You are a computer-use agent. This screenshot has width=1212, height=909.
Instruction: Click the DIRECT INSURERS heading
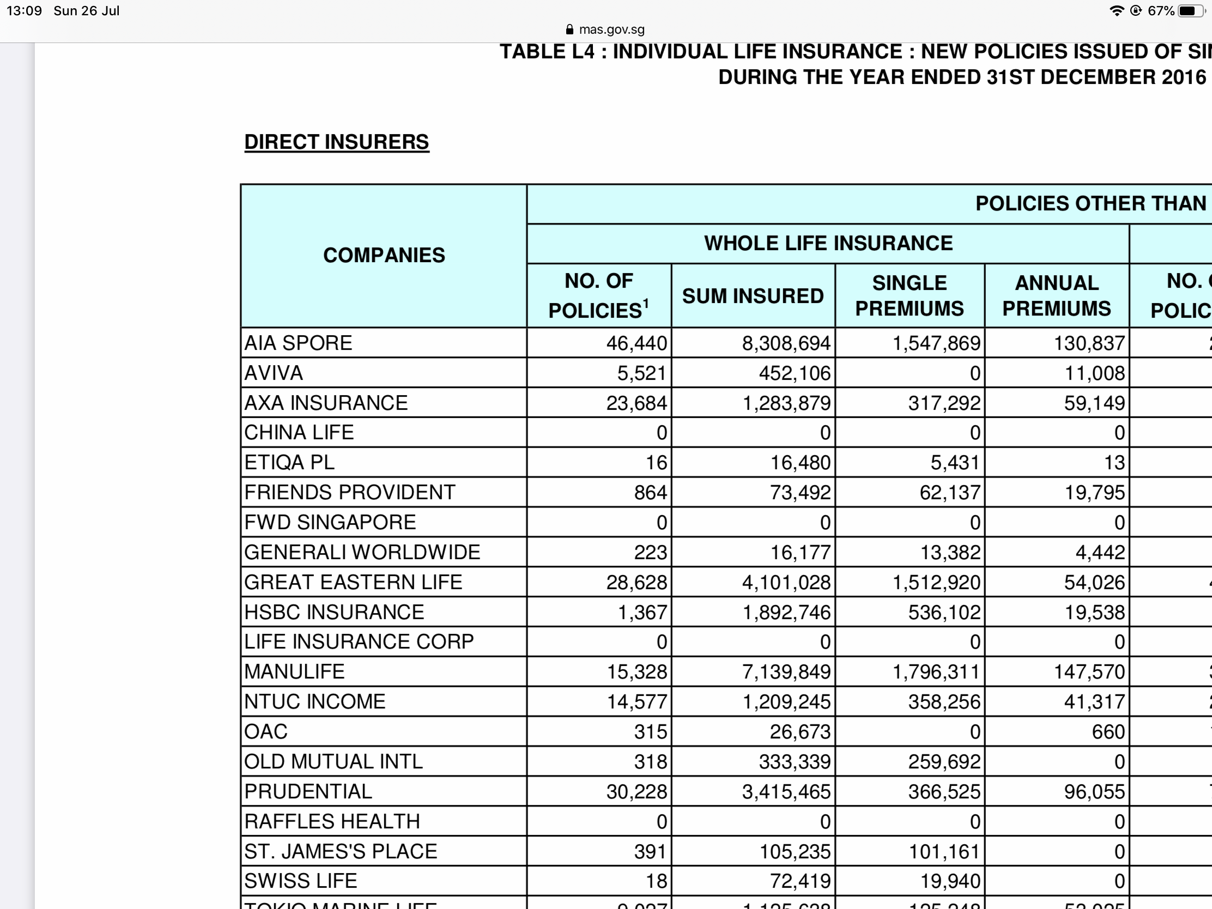click(336, 142)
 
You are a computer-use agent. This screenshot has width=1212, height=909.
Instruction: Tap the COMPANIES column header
click(384, 256)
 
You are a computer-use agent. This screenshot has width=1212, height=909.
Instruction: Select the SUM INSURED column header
click(753, 296)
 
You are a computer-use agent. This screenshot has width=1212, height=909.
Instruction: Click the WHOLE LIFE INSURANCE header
click(828, 243)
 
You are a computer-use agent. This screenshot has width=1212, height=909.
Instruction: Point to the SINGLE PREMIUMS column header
click(909, 296)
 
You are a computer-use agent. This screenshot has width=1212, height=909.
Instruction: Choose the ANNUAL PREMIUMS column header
click(1056, 296)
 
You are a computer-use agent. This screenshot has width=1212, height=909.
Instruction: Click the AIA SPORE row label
click(299, 343)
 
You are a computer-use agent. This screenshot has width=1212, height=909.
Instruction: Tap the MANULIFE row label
click(295, 672)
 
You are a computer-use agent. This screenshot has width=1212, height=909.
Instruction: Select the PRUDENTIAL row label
click(308, 791)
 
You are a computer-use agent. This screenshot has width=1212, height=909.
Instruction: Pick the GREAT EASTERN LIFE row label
click(353, 582)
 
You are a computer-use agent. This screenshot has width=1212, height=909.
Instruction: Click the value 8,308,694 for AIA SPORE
click(786, 343)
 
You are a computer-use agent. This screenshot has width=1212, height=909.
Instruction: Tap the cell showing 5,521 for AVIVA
click(641, 373)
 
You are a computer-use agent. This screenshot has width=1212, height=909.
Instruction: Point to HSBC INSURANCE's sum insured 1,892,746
click(786, 612)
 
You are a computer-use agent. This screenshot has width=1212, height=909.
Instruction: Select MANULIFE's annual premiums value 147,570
click(1089, 672)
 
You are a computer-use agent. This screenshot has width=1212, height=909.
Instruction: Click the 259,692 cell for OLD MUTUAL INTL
click(943, 762)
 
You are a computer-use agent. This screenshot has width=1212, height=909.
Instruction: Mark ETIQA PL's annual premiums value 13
click(1114, 463)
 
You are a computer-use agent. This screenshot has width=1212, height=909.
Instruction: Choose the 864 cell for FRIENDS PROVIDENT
click(650, 493)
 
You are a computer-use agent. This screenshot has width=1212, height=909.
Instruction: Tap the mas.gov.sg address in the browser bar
click(611, 29)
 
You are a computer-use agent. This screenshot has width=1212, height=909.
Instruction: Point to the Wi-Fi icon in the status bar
click(1116, 11)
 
